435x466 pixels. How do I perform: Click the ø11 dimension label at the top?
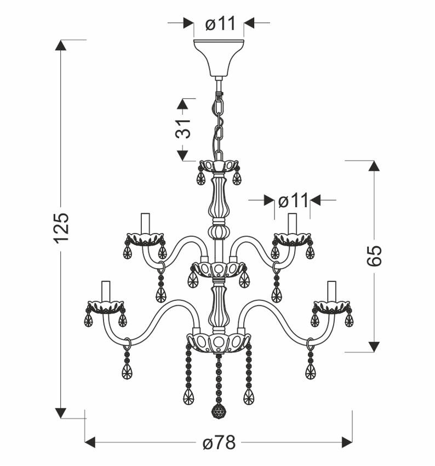pos(220,24)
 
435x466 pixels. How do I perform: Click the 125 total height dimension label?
pos(61,228)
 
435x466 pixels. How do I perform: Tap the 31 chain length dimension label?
pos(182,129)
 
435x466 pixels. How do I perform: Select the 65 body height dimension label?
pos(374,255)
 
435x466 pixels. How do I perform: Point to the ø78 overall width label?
pos(219,443)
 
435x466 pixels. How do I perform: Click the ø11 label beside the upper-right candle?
pos(293,201)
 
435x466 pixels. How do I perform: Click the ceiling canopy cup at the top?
pos(219,58)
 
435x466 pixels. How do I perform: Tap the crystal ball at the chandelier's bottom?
pos(219,412)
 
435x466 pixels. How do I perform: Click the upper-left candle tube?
pos(145,224)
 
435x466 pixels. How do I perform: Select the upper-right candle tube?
pos(293,224)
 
